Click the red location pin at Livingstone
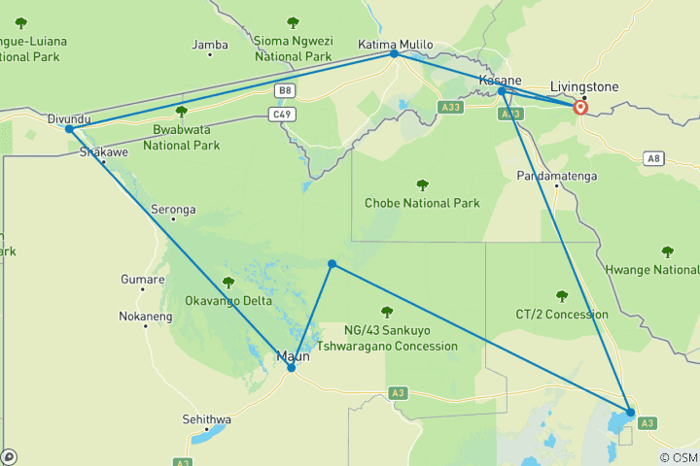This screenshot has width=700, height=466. tap(580, 107)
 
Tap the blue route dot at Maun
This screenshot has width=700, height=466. tap(291, 368)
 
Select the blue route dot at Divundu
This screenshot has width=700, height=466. tap(69, 129)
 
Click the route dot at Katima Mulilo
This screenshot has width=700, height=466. tap(394, 53)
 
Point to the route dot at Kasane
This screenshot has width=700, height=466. tap(502, 90)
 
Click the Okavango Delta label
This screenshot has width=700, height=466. tap(229, 301)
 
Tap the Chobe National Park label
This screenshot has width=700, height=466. tap(422, 203)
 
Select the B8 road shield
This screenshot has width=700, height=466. tap(285, 91)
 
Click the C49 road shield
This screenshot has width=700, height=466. tap(281, 115)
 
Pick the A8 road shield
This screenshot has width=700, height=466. tap(653, 157)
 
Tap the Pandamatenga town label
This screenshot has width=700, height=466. tap(556, 176)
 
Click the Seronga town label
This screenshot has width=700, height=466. tap(173, 209)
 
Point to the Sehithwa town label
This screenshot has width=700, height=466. tap(207, 419)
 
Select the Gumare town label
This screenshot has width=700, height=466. tap(142, 280)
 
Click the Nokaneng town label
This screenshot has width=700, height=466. tap(145, 316)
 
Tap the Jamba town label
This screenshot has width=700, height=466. tap(210, 45)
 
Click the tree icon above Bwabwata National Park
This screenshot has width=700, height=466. tap(181, 112)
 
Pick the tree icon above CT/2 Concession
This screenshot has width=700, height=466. tap(561, 296)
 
